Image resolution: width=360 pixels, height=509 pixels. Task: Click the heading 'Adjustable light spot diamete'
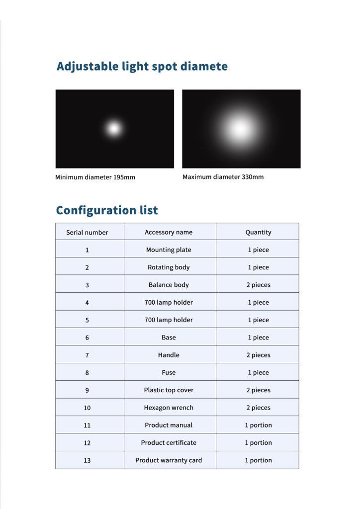coord(142,67)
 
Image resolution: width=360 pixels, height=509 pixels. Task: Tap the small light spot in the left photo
coord(114,129)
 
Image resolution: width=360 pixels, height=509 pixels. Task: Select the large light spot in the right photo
coord(241,129)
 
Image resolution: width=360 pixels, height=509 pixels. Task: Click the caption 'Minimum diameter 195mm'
coord(95,177)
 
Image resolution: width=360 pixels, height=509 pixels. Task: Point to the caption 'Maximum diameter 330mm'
coord(223,177)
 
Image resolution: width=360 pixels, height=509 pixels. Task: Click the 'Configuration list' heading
coord(107,210)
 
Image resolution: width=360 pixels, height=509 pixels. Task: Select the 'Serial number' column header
coord(87,232)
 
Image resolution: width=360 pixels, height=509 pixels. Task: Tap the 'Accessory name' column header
coord(169,232)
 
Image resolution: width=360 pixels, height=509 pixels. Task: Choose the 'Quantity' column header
coord(258,232)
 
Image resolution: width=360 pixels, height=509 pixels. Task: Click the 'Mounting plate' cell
coord(169,250)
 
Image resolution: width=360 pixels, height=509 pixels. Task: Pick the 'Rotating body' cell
coord(169,267)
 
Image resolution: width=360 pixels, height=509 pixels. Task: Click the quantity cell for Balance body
coord(258,285)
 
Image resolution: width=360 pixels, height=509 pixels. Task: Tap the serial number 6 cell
coord(87,338)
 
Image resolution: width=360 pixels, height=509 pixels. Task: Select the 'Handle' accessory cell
coord(169,355)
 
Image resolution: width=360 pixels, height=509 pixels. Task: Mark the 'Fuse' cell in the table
coord(169,372)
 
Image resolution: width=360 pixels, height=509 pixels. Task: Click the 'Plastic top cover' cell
coord(169,390)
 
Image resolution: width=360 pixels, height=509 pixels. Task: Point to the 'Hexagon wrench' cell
coord(169,408)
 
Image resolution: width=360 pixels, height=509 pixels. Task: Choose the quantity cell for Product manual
coord(258,425)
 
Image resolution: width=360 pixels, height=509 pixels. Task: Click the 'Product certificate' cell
coord(169,442)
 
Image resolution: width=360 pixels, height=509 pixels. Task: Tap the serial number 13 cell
coord(87,460)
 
